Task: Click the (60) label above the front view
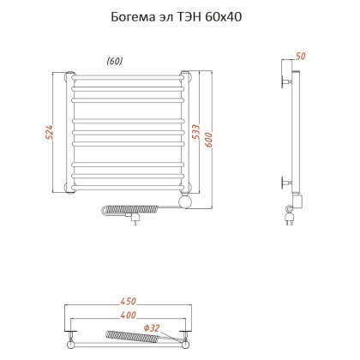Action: pos(114,60)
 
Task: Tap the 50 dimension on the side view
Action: pos(299,56)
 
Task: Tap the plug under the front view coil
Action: pos(135,219)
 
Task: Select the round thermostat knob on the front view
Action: pos(183,201)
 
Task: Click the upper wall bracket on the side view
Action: pos(286,82)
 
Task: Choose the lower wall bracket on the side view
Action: pos(286,182)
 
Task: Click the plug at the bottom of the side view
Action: pos(289,221)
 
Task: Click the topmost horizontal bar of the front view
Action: pos(127,76)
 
